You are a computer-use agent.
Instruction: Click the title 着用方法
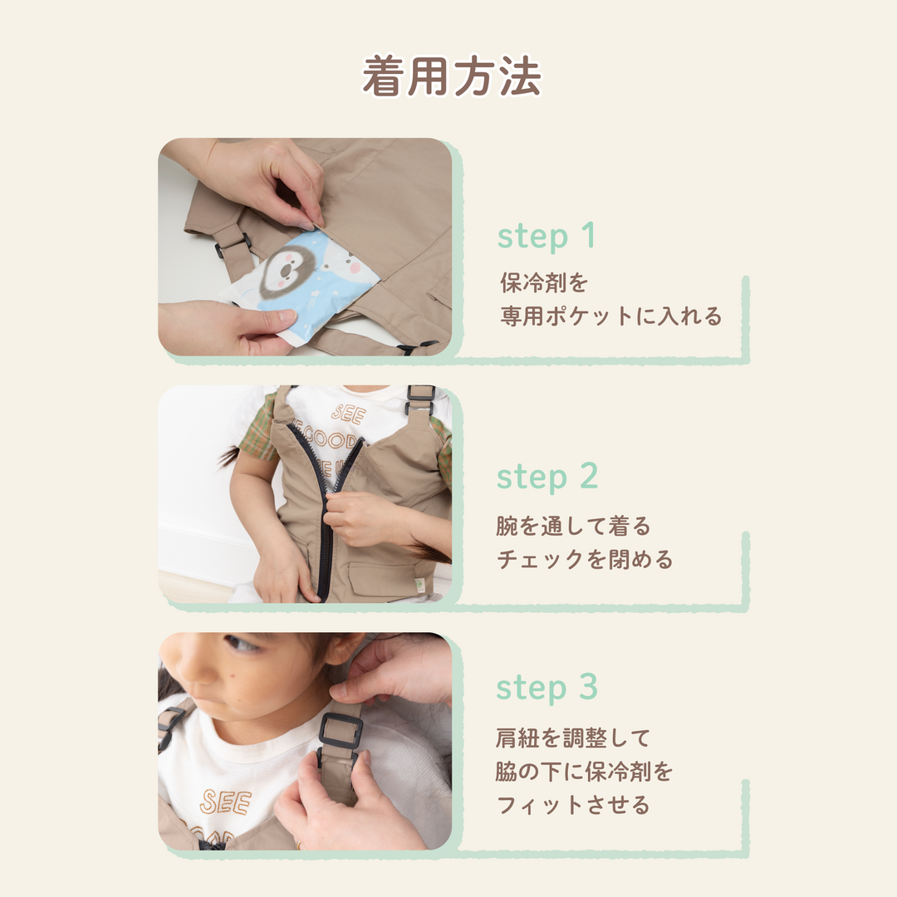coord(451,76)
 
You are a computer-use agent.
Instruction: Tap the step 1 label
coord(547,236)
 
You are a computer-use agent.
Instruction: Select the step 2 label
coord(547,477)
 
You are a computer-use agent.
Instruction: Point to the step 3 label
coord(547,687)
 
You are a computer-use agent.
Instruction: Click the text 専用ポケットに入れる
coord(611,316)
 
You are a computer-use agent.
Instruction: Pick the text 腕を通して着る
coord(573,526)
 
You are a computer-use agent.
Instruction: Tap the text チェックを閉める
coord(585,560)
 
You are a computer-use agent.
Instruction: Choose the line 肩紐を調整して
coord(573,738)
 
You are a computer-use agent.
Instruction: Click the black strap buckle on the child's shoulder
coord(341,731)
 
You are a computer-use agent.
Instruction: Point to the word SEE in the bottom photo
coord(225,802)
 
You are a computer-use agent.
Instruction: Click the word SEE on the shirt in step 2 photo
coord(348,414)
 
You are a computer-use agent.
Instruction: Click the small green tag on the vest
coord(420,587)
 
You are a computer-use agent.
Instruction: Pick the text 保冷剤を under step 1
coord(544,282)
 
